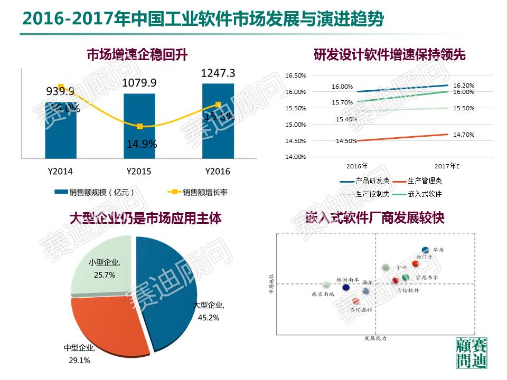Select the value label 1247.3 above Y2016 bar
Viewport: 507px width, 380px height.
[218, 73]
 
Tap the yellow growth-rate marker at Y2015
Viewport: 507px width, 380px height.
[139, 127]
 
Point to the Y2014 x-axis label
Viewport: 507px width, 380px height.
[60, 172]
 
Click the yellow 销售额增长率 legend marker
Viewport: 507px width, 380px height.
[173, 192]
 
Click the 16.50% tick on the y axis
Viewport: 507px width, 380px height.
[295, 75]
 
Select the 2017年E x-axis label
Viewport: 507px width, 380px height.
[448, 166]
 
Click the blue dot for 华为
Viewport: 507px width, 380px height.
[425, 250]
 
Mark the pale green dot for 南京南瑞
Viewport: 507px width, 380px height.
[327, 285]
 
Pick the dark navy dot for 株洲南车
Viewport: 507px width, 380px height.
[346, 288]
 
